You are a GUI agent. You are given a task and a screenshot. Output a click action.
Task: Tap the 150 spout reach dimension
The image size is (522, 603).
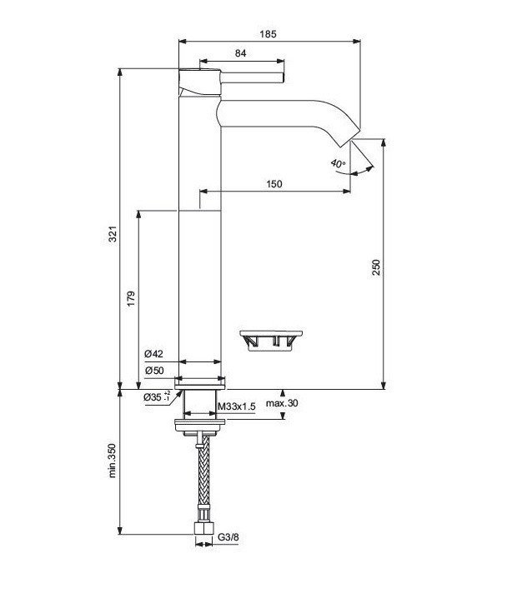(274, 184)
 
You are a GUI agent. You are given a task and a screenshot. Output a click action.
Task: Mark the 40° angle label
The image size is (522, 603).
(337, 164)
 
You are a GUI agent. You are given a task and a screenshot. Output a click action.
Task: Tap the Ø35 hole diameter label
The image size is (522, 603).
(155, 397)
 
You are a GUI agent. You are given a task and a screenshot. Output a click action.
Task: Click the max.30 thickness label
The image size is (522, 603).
(281, 404)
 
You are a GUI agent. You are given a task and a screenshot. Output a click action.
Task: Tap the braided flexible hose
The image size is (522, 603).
(201, 479)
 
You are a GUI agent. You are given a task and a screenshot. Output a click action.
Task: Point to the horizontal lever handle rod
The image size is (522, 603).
(250, 77)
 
